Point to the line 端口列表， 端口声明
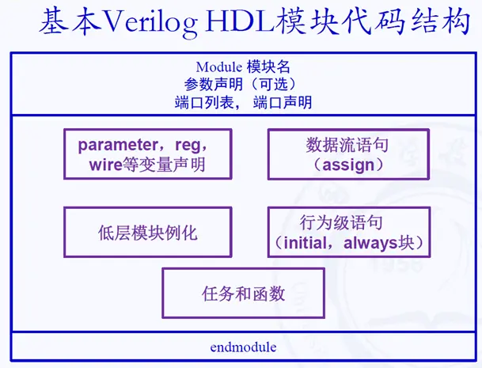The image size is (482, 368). tap(243, 102)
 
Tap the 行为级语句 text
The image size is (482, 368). tap(347, 223)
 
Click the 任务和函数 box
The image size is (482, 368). tap(243, 294)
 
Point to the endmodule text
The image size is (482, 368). tap(243, 347)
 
